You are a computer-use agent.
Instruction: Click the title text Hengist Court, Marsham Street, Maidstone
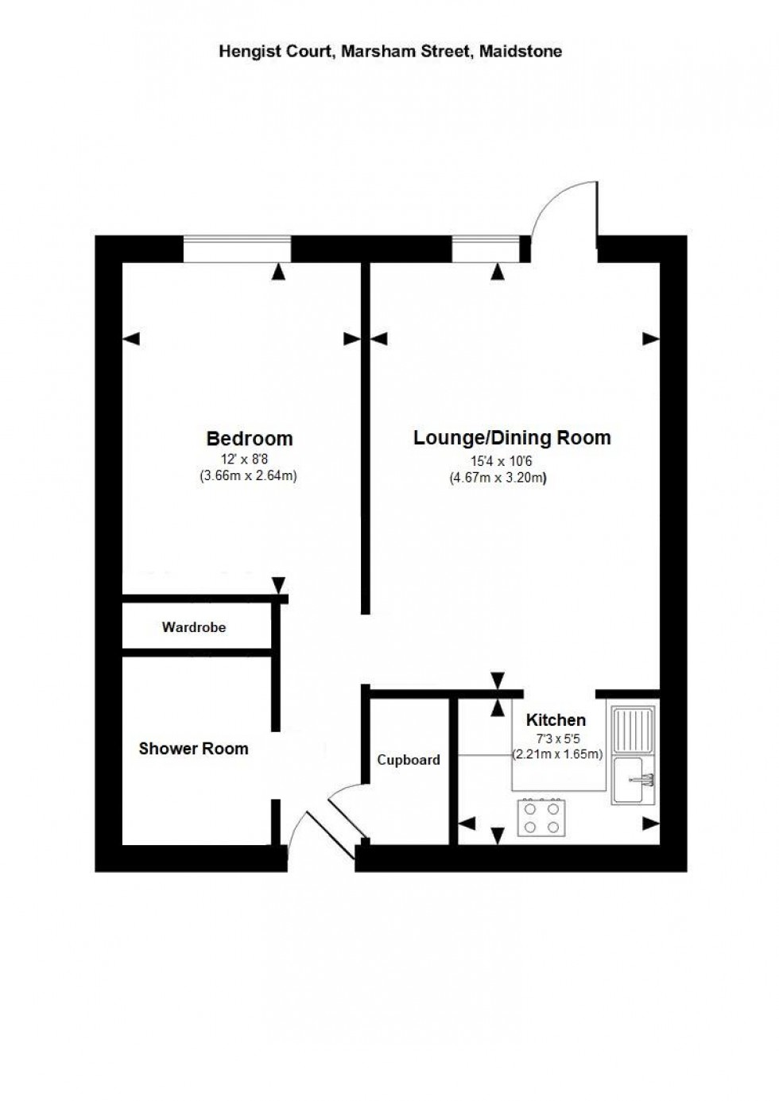390,52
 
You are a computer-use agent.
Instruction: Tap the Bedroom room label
249,438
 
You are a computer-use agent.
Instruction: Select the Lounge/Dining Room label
512,437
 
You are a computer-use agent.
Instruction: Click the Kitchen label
556,719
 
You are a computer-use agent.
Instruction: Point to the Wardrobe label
194,627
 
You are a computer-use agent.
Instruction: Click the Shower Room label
193,748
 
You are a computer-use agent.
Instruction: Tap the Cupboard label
408,760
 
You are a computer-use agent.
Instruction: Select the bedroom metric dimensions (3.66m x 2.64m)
248,476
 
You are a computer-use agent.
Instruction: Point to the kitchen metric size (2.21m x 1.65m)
557,754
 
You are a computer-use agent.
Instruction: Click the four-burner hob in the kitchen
541,817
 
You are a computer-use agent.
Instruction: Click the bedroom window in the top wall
237,248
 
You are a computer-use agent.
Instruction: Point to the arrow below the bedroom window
277,272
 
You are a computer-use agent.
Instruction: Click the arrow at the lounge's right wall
650,339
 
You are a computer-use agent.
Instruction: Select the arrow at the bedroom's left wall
131,339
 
